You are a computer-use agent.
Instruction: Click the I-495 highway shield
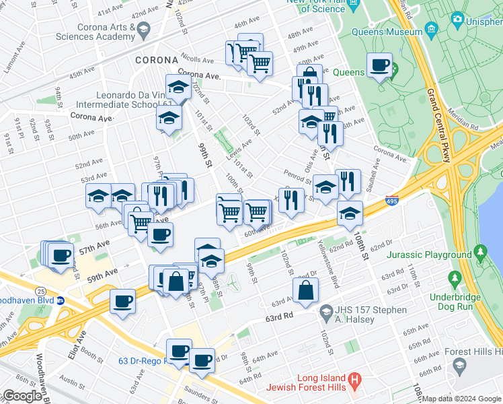[393, 201]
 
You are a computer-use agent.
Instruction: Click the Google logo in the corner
[22, 396]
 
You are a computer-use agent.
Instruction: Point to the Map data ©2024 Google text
[461, 399]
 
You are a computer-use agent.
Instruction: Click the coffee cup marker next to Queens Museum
[380, 65]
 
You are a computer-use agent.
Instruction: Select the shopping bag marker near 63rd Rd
[305, 290]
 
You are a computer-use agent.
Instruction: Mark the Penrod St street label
[296, 176]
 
